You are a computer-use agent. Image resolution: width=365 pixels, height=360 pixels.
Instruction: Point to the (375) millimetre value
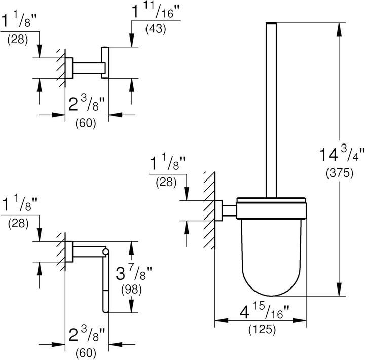339,173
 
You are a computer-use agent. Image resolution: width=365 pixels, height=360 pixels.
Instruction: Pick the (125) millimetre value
261,330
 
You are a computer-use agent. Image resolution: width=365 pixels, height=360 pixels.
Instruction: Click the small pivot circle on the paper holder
105,251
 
